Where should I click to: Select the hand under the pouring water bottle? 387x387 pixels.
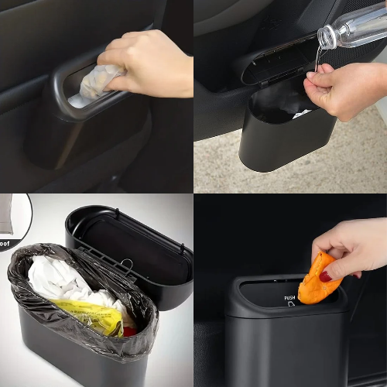[341, 89]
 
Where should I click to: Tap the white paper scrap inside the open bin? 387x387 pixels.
[302, 113]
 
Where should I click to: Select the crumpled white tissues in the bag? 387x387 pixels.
[62, 283]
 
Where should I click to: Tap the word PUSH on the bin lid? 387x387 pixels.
[289, 297]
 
